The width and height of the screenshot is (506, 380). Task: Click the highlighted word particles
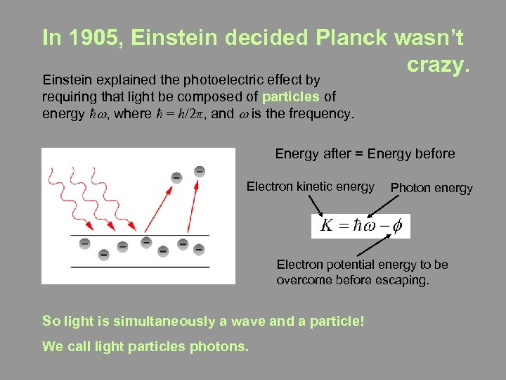(291, 96)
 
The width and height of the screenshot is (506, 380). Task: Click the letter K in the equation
(327, 226)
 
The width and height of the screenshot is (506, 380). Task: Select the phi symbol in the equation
(398, 226)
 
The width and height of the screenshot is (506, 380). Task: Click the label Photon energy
(432, 188)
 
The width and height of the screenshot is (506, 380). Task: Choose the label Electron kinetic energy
(310, 186)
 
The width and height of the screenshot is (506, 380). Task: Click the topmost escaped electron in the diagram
(200, 171)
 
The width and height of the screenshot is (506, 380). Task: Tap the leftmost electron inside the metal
(84, 243)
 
